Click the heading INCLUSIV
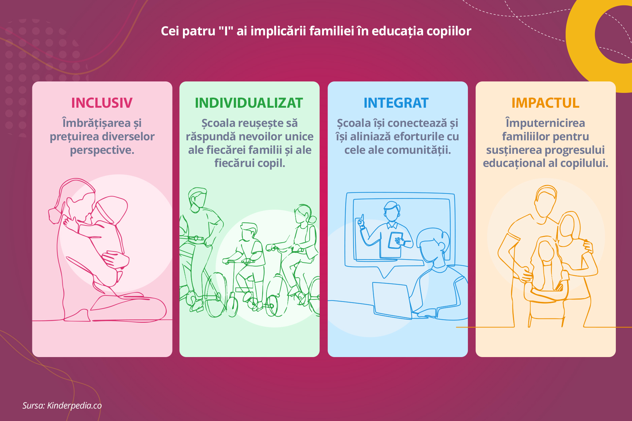coord(102,103)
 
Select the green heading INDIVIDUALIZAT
coord(249,103)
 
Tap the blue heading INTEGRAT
coord(396,103)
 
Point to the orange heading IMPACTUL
coord(545,103)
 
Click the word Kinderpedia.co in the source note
coord(74,406)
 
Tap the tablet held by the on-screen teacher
coord(395,240)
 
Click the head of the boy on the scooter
coord(249,232)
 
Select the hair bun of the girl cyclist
coord(312,219)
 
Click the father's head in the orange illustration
coord(545,201)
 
